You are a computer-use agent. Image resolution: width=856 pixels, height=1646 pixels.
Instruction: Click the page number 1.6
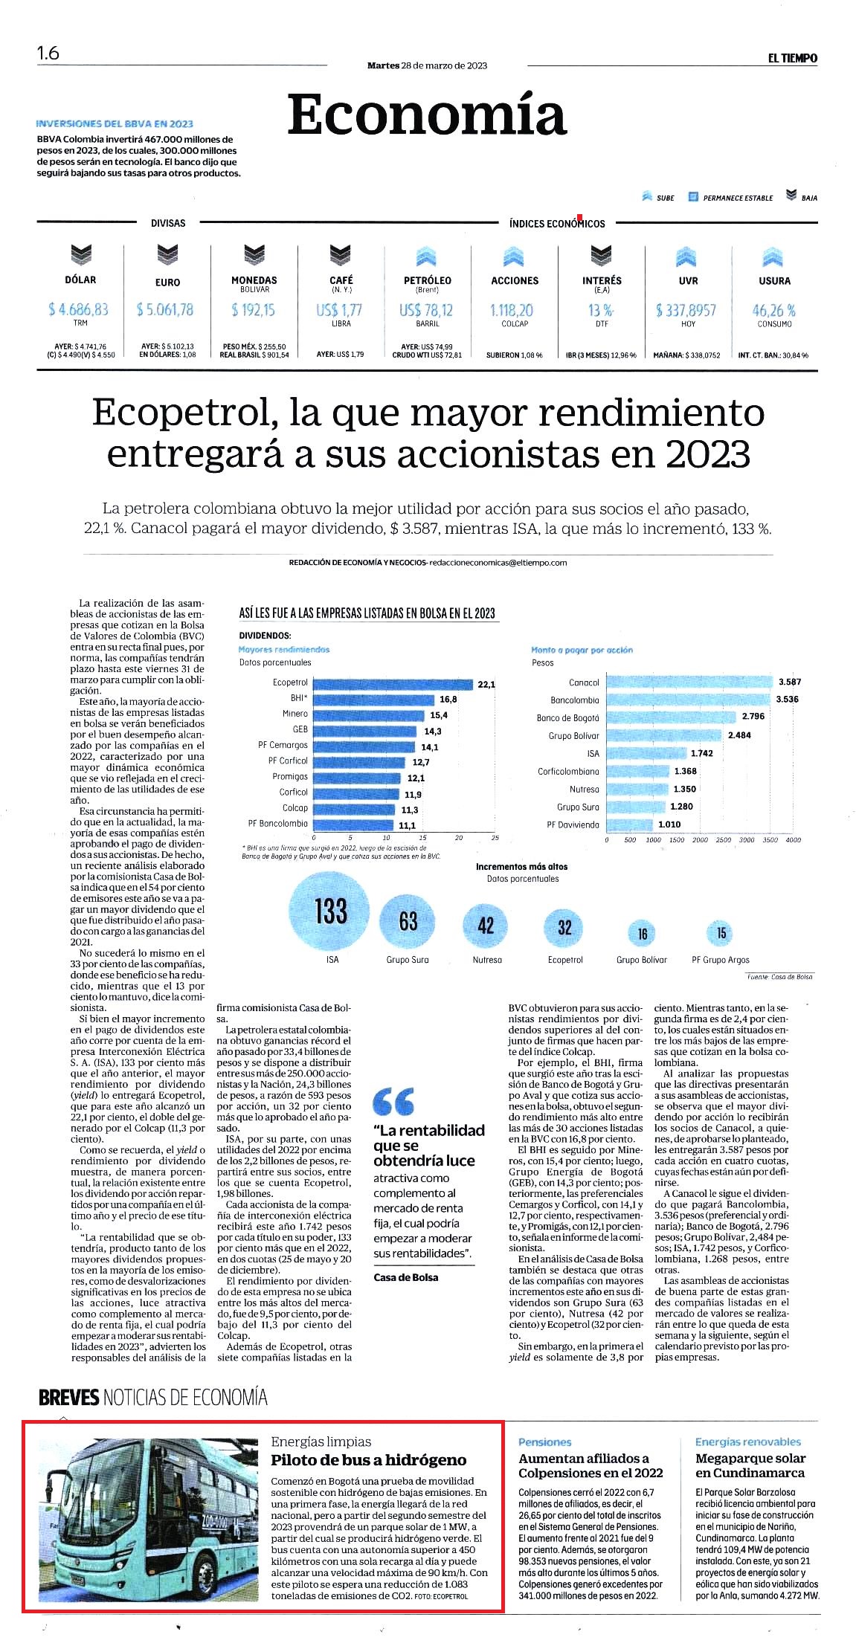(48, 54)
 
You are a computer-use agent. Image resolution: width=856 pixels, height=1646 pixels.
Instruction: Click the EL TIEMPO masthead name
(792, 58)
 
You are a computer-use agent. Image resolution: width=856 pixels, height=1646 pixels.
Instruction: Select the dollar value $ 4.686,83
(78, 309)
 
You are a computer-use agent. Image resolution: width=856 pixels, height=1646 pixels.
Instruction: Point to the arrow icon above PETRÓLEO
(426, 256)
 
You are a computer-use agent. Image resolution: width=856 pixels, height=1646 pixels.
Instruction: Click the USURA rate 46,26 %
(773, 310)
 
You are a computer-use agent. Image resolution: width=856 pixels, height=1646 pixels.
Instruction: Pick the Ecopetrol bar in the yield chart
(393, 683)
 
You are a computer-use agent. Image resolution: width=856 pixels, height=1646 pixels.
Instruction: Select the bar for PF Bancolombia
(353, 824)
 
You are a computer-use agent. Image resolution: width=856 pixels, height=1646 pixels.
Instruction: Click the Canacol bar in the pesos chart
(689, 682)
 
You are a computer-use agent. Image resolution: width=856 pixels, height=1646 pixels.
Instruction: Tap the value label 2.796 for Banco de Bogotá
(753, 716)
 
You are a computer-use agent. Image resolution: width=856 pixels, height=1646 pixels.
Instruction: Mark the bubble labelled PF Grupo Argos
(721, 933)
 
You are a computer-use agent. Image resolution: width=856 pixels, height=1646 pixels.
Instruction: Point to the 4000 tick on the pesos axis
(793, 839)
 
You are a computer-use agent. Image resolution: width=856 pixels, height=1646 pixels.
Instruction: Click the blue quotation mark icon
(393, 1101)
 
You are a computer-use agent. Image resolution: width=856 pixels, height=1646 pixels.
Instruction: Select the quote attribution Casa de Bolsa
(405, 1277)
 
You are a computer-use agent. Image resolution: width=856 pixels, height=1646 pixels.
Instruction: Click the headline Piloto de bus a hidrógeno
(368, 1459)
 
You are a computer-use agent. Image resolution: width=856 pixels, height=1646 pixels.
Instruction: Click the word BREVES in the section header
(68, 1398)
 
